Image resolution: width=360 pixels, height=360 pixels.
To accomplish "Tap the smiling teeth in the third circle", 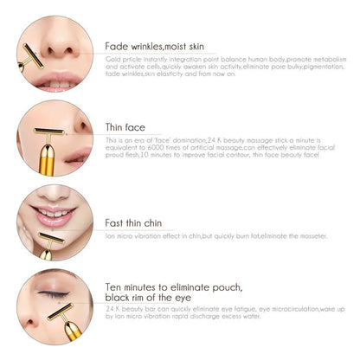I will pos(57,213).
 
